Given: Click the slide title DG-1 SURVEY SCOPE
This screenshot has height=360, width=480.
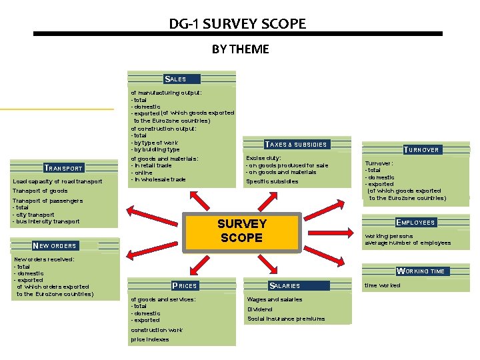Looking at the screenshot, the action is pyautogui.click(x=237, y=24).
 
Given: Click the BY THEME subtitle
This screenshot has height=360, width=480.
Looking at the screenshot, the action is pyautogui.click(x=240, y=49).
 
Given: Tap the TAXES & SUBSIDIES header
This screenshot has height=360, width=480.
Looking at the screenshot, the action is pyautogui.click(x=296, y=144).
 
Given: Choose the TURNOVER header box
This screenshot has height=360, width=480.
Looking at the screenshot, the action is pyautogui.click(x=421, y=150).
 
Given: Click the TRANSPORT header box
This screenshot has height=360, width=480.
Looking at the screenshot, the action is pyautogui.click(x=63, y=169).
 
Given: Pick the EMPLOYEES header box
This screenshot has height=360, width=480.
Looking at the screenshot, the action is pyautogui.click(x=415, y=223).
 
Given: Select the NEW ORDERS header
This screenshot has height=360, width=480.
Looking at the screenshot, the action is pyautogui.click(x=55, y=245).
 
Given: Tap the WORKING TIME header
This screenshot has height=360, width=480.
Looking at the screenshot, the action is pyautogui.click(x=420, y=271).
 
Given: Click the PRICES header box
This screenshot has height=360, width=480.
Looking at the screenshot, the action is pyautogui.click(x=185, y=286).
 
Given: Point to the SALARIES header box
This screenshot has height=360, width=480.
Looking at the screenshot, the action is pyautogui.click(x=285, y=285).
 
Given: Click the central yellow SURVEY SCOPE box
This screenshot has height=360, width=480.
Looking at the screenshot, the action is pyautogui.click(x=241, y=231).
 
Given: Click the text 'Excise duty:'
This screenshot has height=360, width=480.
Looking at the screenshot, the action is pyautogui.click(x=263, y=158).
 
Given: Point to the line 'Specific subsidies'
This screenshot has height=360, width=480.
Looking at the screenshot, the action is pyautogui.click(x=272, y=182).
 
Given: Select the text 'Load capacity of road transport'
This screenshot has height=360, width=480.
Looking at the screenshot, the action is pyautogui.click(x=57, y=182).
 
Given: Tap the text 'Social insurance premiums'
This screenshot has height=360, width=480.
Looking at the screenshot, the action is pyautogui.click(x=286, y=319).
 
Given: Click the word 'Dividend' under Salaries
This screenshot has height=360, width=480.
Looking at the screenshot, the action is pyautogui.click(x=260, y=309).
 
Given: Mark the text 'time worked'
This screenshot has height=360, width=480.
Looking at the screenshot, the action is pyautogui.click(x=383, y=285).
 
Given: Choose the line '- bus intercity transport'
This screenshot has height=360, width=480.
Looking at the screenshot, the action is pyautogui.click(x=46, y=221).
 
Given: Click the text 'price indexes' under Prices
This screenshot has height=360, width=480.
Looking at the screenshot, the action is pyautogui.click(x=150, y=339).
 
